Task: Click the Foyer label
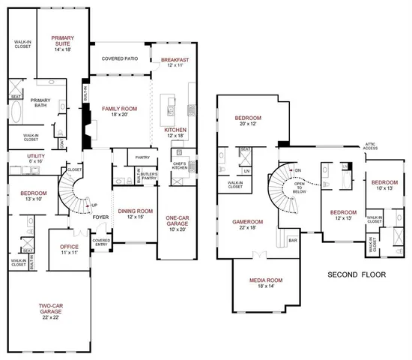[100, 219]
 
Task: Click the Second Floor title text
[357, 275]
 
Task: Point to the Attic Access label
[371, 148]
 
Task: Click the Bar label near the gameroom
[293, 241]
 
